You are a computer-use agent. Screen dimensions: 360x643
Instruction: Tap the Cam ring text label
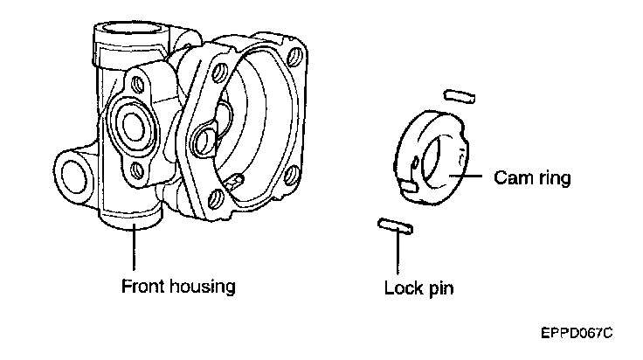[x=531, y=178]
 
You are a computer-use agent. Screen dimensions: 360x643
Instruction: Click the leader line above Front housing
[x=134, y=248]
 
